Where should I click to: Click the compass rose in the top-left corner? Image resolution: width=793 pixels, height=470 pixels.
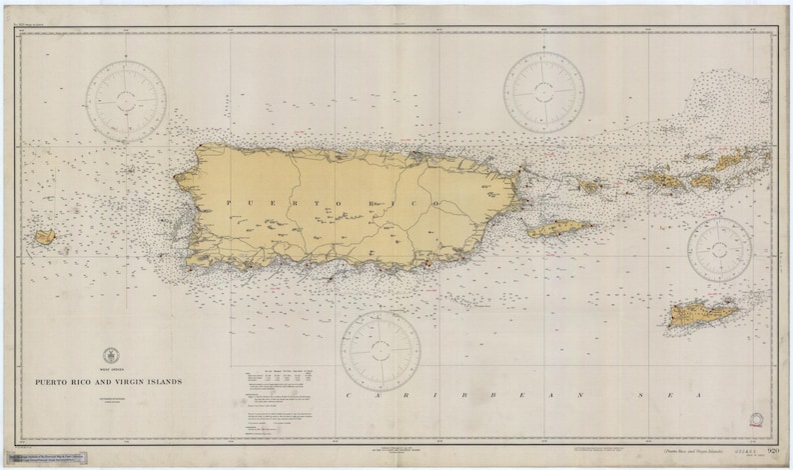[x=125, y=99]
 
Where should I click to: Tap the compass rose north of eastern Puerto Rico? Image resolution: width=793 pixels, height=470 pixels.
[x=543, y=92]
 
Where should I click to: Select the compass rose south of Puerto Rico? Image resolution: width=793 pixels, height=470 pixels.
[x=380, y=350]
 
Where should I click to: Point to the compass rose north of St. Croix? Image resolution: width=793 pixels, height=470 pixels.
[x=719, y=249]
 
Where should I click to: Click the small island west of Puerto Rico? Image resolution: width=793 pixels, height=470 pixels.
[x=44, y=238]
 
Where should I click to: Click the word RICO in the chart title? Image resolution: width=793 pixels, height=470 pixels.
[x=85, y=381]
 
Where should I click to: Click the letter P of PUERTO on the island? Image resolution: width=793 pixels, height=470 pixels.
[x=229, y=203]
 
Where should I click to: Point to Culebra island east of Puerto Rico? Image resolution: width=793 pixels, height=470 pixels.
[x=589, y=186]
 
